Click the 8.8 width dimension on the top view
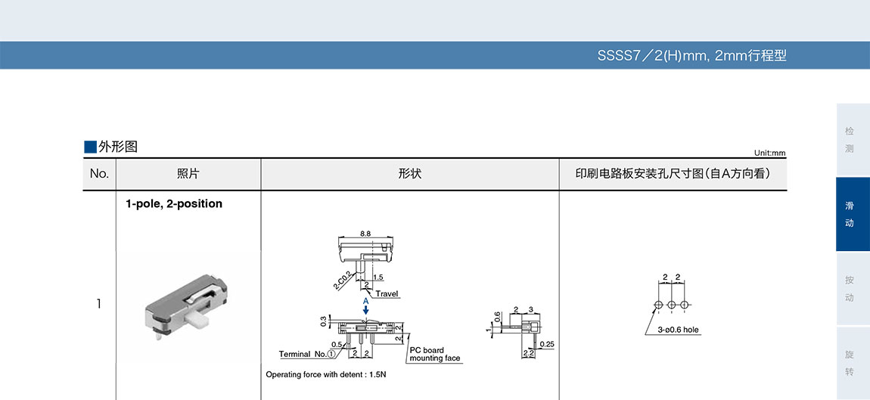pos(365,234)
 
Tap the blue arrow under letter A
pos(365,311)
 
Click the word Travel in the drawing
pos(387,293)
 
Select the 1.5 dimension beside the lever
pos(378,278)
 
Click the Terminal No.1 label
pos(308,354)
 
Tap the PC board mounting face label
pos(434,354)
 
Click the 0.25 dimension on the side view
pos(548,345)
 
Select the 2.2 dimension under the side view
pos(529,353)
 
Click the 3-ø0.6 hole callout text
pos(678,330)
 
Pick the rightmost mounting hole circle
pos(685,304)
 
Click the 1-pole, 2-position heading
pos(174,203)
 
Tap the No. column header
pos(99,174)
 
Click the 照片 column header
pos(188,174)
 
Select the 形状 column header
pos(409,174)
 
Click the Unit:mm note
pos(769,153)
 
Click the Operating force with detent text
pos(326,374)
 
